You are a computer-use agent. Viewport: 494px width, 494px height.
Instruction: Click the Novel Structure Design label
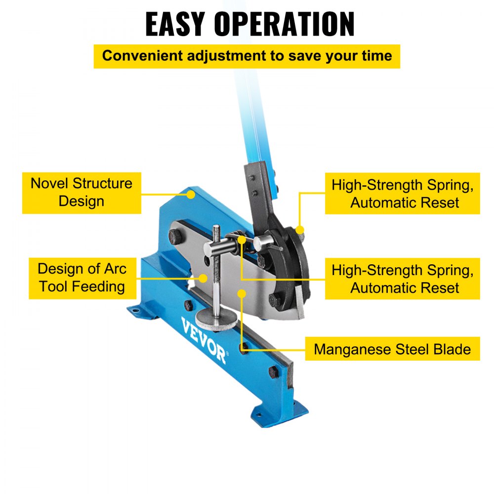coord(82,193)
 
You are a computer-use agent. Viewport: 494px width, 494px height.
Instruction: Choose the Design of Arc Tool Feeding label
coord(82,278)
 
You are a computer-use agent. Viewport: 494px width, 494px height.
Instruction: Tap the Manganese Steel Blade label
coord(392,350)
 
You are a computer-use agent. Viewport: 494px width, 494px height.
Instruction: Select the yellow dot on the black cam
coord(299,230)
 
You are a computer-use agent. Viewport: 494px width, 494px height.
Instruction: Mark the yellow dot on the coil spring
coord(242,240)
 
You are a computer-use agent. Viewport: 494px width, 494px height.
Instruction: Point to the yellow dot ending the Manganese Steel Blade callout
coord(242,293)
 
